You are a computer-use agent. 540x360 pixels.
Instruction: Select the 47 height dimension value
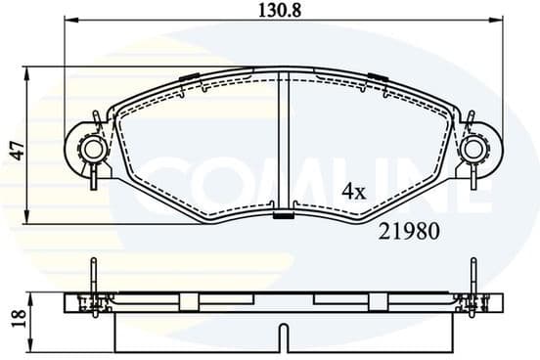click(14, 150)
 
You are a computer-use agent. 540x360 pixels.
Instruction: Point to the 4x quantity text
click(352, 193)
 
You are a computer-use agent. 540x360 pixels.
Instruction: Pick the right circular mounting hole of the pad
click(474, 150)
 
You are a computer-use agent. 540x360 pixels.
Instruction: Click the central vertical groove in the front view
click(284, 142)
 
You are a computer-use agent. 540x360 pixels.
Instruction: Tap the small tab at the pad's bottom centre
click(284, 216)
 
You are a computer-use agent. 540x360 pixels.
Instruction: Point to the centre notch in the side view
click(284, 337)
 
